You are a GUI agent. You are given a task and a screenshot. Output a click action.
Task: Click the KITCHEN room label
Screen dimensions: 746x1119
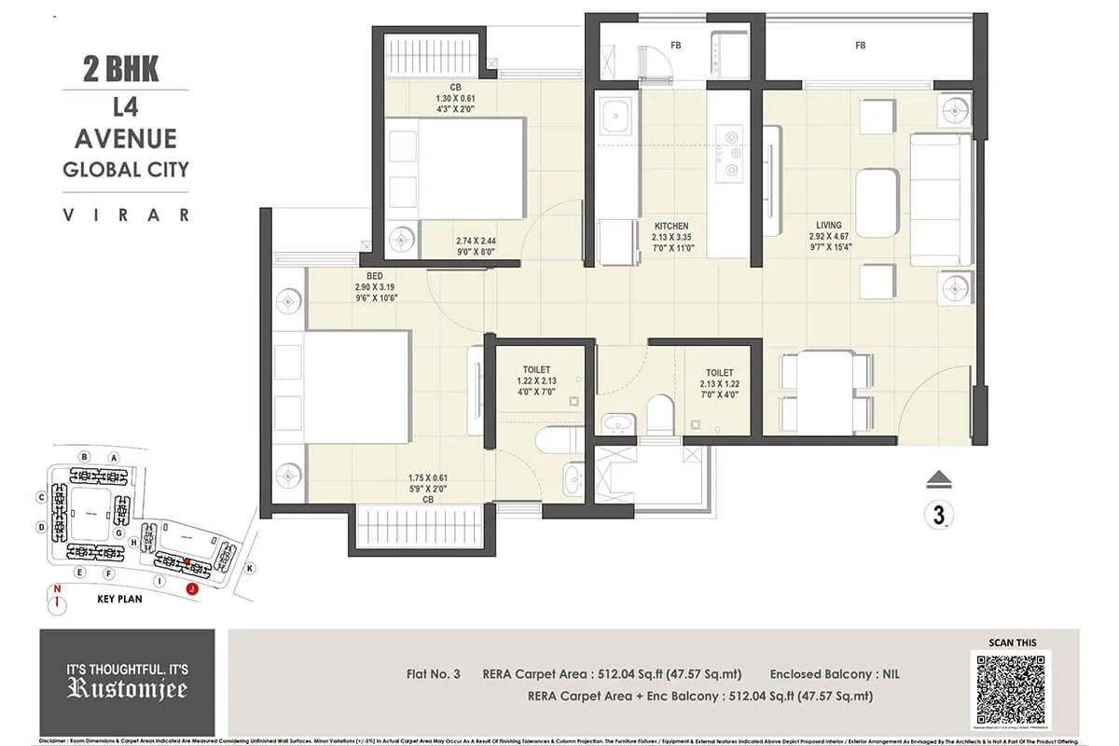point(671,226)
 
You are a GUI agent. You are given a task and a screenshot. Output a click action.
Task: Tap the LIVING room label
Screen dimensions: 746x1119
point(828,225)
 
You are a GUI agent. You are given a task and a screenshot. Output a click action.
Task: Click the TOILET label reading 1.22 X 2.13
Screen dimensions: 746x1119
point(536,370)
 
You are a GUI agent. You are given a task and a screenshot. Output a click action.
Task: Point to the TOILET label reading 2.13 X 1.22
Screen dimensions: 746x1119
point(719,372)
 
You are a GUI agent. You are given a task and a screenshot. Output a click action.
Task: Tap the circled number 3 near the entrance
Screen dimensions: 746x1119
point(936,514)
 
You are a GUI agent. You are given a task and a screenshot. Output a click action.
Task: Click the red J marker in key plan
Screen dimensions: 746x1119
point(192,588)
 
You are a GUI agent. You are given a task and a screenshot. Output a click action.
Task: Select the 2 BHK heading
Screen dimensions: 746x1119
point(120,68)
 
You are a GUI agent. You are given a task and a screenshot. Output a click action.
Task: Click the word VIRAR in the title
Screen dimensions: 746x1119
point(125,214)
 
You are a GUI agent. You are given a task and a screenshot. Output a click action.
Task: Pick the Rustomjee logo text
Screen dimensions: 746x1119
point(127,688)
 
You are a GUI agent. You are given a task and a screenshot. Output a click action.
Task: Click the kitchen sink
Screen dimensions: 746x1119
point(615,118)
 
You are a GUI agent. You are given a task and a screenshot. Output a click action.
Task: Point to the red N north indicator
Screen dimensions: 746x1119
point(58,588)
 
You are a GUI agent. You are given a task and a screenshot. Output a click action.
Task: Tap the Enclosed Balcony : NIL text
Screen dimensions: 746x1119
point(835,673)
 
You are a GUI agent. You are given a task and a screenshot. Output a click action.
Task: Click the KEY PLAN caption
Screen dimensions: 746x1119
point(119,599)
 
